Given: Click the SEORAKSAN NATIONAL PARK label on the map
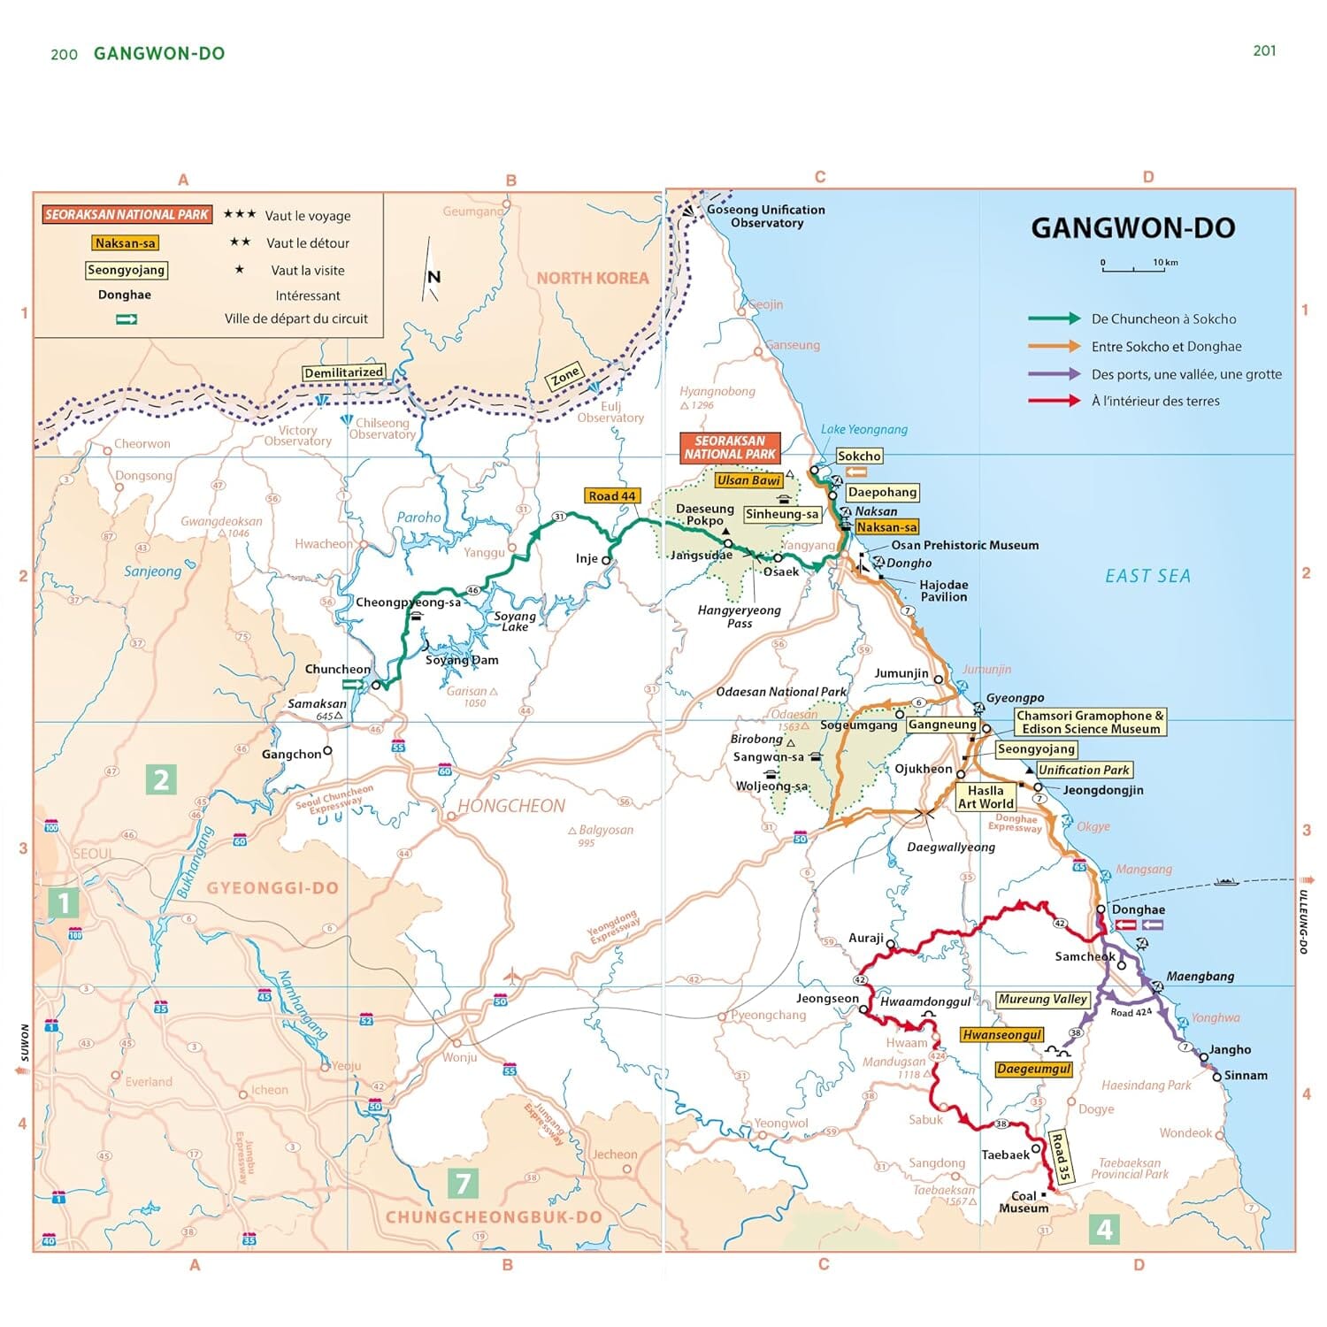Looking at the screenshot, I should (730, 448).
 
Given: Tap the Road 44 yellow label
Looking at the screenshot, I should (612, 496).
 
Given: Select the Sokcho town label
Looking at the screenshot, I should (859, 456).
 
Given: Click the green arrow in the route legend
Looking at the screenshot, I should (1054, 318).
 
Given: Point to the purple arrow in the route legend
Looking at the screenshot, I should (1054, 373).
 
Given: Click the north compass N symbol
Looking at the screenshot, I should (433, 277).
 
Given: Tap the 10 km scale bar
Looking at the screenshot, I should (1133, 267).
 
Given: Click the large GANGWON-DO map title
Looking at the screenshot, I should (1132, 228).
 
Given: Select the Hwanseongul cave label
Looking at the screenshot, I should (1001, 1035).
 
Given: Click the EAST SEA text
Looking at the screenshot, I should (1147, 576).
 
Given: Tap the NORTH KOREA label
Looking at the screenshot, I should (592, 278).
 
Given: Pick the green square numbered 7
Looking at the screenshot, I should (463, 1183).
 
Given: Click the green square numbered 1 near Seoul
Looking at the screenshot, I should (63, 902).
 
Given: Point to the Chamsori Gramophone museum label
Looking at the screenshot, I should (1090, 722).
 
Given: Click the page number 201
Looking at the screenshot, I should (1264, 51).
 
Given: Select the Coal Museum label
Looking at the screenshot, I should (1024, 1201).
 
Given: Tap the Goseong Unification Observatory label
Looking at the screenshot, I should (766, 216).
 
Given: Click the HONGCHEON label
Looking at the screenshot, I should (511, 806).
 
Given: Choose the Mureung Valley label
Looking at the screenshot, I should (1042, 1000).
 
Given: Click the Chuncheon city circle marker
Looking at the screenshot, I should (376, 686).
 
